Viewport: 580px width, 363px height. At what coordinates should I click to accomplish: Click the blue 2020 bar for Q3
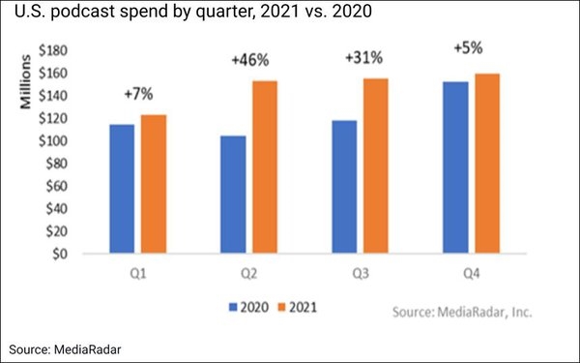point(344,187)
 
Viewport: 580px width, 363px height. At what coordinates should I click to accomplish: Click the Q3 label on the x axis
point(360,274)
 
